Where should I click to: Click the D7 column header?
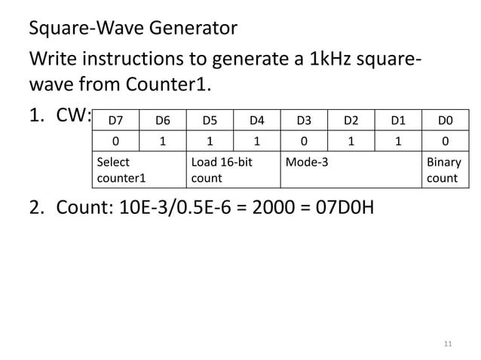[x=116, y=120]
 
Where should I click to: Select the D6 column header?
[x=163, y=120]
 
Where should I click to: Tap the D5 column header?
[x=210, y=120]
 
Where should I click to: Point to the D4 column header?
[x=257, y=120]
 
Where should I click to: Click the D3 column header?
[x=304, y=120]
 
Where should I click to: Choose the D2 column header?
[x=351, y=120]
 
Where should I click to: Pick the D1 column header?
[x=397, y=120]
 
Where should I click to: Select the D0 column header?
[x=444, y=120]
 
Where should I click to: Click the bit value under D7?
[x=115, y=141]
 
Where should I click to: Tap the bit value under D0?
[x=444, y=141]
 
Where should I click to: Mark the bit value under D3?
[x=304, y=141]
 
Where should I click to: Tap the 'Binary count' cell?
[x=444, y=170]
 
